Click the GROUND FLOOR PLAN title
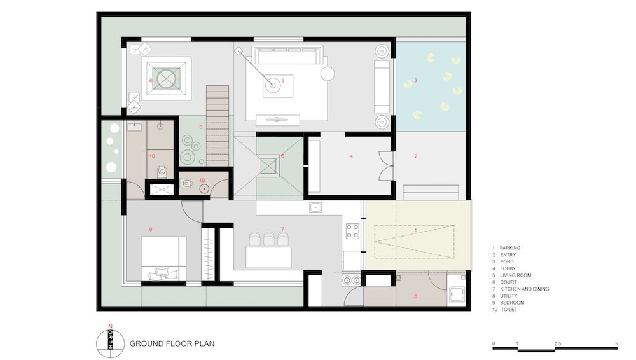(x=172, y=343)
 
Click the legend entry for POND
(x=503, y=262)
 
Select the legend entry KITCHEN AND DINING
(x=520, y=289)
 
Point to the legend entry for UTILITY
(x=505, y=296)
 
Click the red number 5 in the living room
(x=283, y=80)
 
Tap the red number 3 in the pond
(x=416, y=81)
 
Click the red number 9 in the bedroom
(x=151, y=230)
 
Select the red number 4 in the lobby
(x=351, y=156)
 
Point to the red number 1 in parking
(x=415, y=230)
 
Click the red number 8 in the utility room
(x=416, y=296)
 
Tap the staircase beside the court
(x=218, y=125)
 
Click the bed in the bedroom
(x=163, y=258)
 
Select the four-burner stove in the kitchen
(x=352, y=231)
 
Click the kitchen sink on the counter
(x=316, y=207)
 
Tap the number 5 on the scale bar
(x=616, y=343)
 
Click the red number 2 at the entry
(x=416, y=156)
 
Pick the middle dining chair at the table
(x=269, y=239)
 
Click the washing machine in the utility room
(x=457, y=295)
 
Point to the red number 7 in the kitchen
(x=283, y=230)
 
